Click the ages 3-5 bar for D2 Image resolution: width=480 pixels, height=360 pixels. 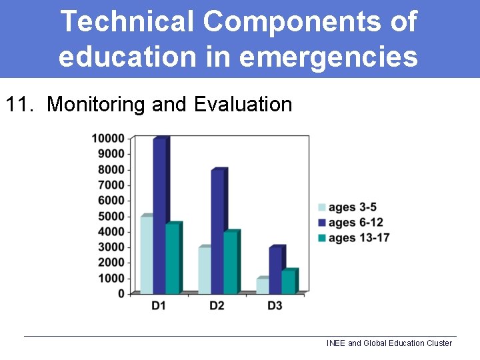204,270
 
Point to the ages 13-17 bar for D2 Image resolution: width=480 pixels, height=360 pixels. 231,263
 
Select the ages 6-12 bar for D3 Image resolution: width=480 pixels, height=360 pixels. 276,270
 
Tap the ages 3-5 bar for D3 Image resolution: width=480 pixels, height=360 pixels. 263,285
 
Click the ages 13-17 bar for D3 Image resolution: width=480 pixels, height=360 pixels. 289,281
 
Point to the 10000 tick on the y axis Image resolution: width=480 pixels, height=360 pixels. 108,138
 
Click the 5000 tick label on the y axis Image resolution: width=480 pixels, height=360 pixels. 111,216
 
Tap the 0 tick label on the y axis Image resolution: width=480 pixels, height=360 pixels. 121,294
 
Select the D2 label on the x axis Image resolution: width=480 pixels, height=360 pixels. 217,306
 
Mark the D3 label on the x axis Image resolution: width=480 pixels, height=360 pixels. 275,306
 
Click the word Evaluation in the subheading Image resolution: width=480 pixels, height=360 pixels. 243,105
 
